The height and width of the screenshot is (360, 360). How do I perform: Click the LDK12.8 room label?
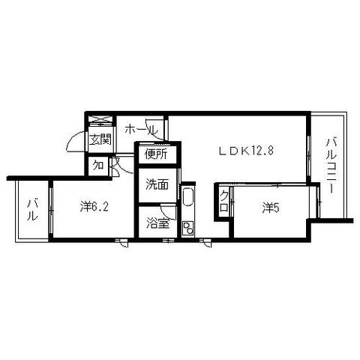(x=246, y=151)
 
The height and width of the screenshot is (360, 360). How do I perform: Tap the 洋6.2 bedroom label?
(x=94, y=206)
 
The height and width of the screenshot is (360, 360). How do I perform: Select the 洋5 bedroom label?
(x=271, y=208)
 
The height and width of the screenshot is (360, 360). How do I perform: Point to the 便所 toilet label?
(x=156, y=154)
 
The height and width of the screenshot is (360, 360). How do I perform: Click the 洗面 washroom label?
(x=157, y=184)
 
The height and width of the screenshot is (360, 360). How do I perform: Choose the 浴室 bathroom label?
(x=157, y=223)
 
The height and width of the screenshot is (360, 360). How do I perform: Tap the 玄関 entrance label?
(x=100, y=139)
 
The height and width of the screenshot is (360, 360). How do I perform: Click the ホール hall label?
(x=142, y=129)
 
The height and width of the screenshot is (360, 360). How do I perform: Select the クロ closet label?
(x=223, y=200)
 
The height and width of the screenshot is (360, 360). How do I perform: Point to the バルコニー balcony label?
(x=331, y=165)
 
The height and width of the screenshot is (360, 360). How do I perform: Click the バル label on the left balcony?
(x=32, y=209)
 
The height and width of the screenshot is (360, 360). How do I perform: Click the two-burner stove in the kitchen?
(x=188, y=228)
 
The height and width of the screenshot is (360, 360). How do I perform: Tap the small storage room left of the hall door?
(x=98, y=166)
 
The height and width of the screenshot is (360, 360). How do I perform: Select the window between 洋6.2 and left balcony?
(x=51, y=210)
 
